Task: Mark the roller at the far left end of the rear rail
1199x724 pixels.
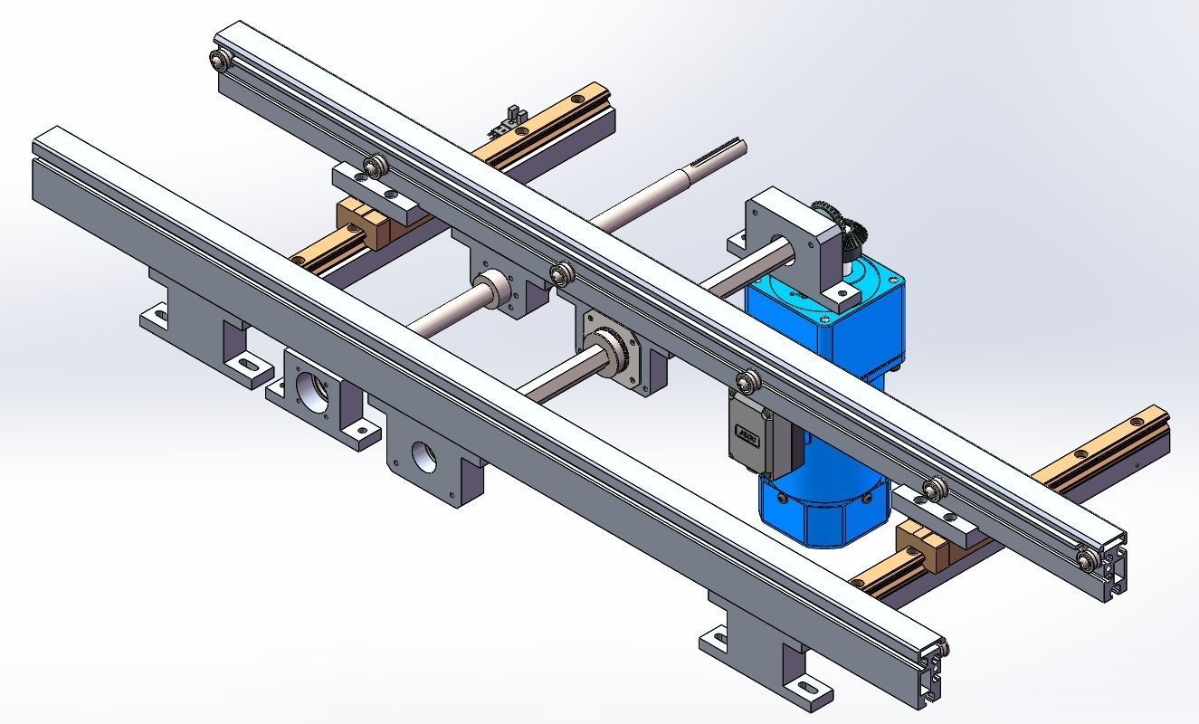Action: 219,62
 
